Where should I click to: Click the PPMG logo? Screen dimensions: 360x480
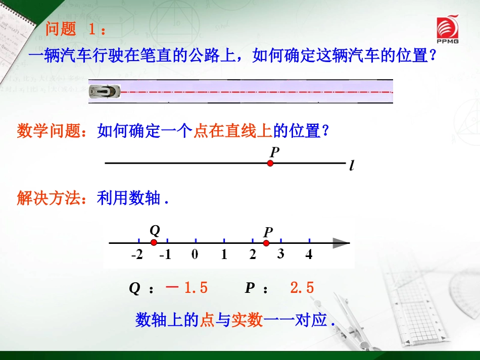point(447,29)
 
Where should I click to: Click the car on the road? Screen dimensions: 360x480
point(105,91)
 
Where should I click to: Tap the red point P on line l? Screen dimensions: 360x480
point(270,163)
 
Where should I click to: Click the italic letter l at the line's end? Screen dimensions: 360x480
point(351,166)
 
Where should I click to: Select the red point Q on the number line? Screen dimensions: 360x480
point(154,243)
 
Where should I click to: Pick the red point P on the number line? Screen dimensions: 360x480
point(266,243)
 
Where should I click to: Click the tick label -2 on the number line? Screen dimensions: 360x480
point(137,255)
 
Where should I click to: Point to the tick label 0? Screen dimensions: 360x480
point(195,254)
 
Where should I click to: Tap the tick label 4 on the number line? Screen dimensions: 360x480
point(309,254)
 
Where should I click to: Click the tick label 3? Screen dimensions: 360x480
point(280,254)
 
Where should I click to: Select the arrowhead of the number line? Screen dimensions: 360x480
point(341,243)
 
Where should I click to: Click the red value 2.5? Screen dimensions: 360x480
point(302,288)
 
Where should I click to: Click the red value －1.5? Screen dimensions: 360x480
point(186,288)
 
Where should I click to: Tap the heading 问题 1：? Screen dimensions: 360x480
point(75,29)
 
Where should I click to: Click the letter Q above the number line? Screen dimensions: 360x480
point(155,231)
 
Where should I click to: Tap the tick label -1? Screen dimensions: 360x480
point(165,255)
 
